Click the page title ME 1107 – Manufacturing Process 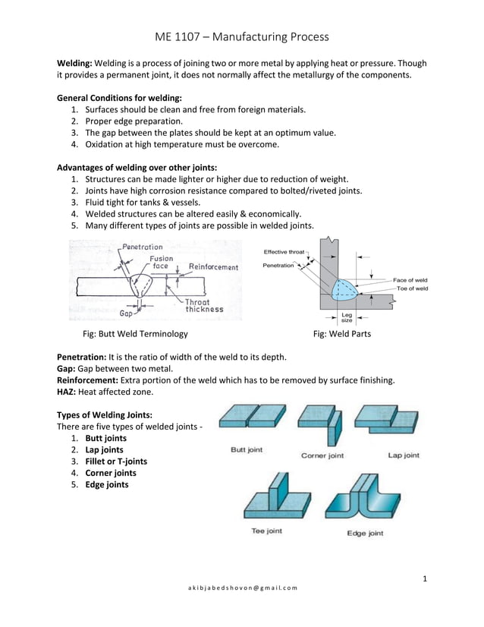(x=241, y=36)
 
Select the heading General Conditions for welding (x=119, y=98)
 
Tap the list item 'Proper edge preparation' (x=134, y=121)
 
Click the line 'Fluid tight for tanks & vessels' (x=143, y=202)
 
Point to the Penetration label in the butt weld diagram (x=143, y=247)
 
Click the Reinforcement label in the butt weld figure (x=213, y=266)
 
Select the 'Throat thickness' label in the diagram (x=204, y=305)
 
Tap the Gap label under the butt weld (x=128, y=312)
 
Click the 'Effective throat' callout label (x=284, y=252)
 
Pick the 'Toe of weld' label (x=410, y=288)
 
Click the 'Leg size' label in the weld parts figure (x=347, y=317)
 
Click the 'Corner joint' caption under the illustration (x=322, y=455)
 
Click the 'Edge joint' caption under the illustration (x=365, y=533)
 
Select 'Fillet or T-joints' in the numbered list (x=115, y=462)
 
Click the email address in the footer (x=243, y=588)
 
